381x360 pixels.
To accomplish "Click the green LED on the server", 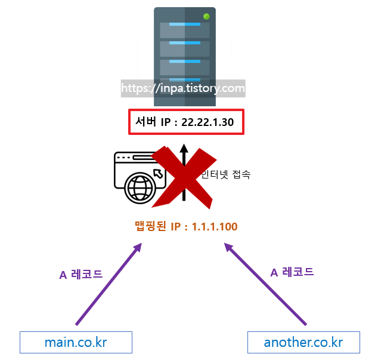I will click(206, 16).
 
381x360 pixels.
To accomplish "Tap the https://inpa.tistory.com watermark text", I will click(183, 89).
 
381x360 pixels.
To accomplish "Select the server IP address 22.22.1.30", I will click(207, 123).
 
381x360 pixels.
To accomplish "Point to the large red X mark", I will click(184, 174).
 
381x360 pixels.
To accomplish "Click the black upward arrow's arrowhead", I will click(184, 149).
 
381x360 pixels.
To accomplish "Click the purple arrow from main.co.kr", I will click(108, 284).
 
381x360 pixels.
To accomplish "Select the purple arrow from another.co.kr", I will click(265, 284).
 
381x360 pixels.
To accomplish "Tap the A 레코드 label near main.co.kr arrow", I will click(81, 275).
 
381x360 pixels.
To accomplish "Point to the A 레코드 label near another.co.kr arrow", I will click(292, 272).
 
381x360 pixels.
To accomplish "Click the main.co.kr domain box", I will click(76, 343).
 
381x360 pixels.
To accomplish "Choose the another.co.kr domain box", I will click(303, 343).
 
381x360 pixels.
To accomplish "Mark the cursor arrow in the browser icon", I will click(158, 173).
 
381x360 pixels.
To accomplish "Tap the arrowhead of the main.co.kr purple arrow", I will click(138, 246).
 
